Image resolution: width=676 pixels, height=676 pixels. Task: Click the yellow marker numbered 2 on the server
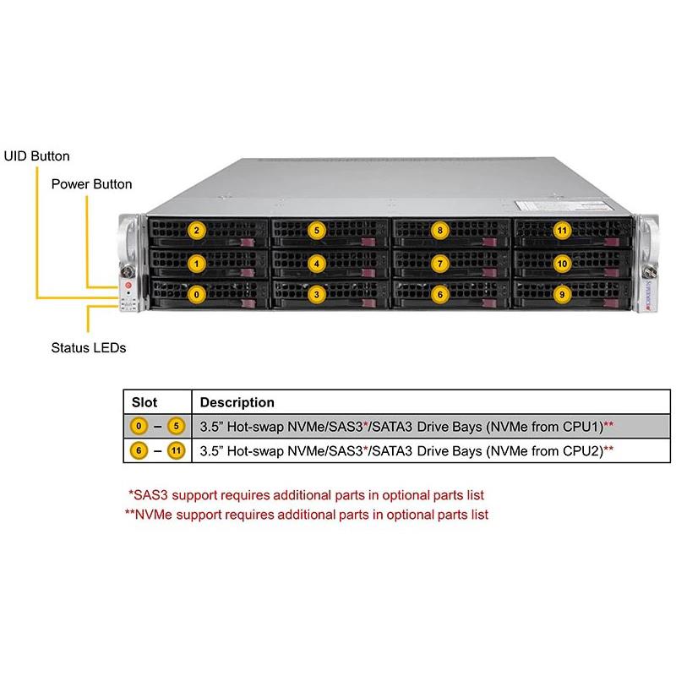click(196, 230)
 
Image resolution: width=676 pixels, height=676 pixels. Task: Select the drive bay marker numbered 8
click(439, 230)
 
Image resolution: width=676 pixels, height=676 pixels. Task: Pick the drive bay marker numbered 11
click(561, 230)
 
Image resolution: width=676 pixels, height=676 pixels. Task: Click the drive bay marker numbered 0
click(196, 295)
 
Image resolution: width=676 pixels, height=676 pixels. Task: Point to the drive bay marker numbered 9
click(561, 295)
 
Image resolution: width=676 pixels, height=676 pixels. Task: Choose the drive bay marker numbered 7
click(439, 263)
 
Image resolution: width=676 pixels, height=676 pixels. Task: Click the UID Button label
click(37, 156)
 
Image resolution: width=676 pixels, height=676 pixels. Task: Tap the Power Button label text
click(91, 183)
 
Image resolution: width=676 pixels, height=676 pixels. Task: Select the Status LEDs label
click(88, 347)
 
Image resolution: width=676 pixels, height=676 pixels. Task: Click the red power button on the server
click(128, 287)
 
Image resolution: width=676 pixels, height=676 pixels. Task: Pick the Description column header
click(237, 403)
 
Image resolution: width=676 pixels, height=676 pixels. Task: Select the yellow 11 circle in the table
click(176, 451)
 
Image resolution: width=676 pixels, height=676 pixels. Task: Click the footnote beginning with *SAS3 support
click(306, 495)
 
